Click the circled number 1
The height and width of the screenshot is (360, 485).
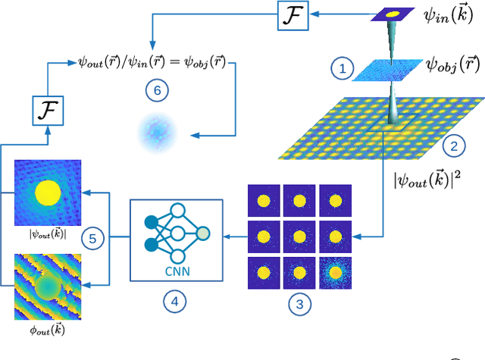click(342, 70)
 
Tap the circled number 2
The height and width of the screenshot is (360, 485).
click(454, 145)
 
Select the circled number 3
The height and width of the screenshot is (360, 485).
click(302, 304)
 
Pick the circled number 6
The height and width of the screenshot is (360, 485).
click(157, 91)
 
